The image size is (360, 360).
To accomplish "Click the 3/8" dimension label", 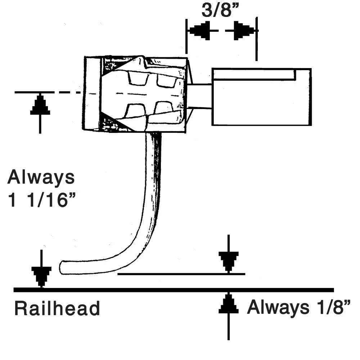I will pyautogui.click(x=220, y=10).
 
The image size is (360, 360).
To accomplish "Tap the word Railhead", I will pyautogui.click(x=57, y=309).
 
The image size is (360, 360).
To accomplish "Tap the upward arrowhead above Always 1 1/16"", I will pyautogui.click(x=40, y=105).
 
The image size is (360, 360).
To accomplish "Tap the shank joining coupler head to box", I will pyautogui.click(x=200, y=96).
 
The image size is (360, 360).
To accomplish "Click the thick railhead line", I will pyautogui.click(x=173, y=290).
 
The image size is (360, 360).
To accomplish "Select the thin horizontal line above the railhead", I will pyautogui.click(x=180, y=274).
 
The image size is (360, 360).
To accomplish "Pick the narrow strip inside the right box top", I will pyautogui.click(x=253, y=75).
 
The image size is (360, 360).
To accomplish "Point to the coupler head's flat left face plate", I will pyautogui.click(x=91, y=94).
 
